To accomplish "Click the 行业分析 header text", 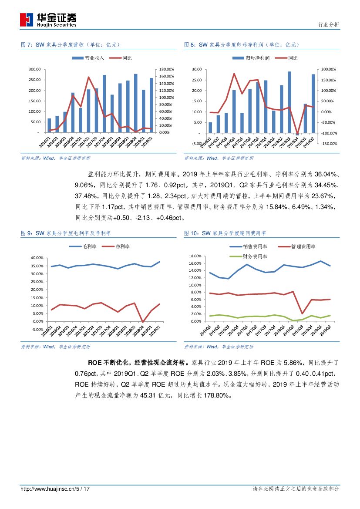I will pyautogui.click(x=329, y=25).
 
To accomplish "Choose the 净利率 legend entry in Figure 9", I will pyautogui.click(x=116, y=247).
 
